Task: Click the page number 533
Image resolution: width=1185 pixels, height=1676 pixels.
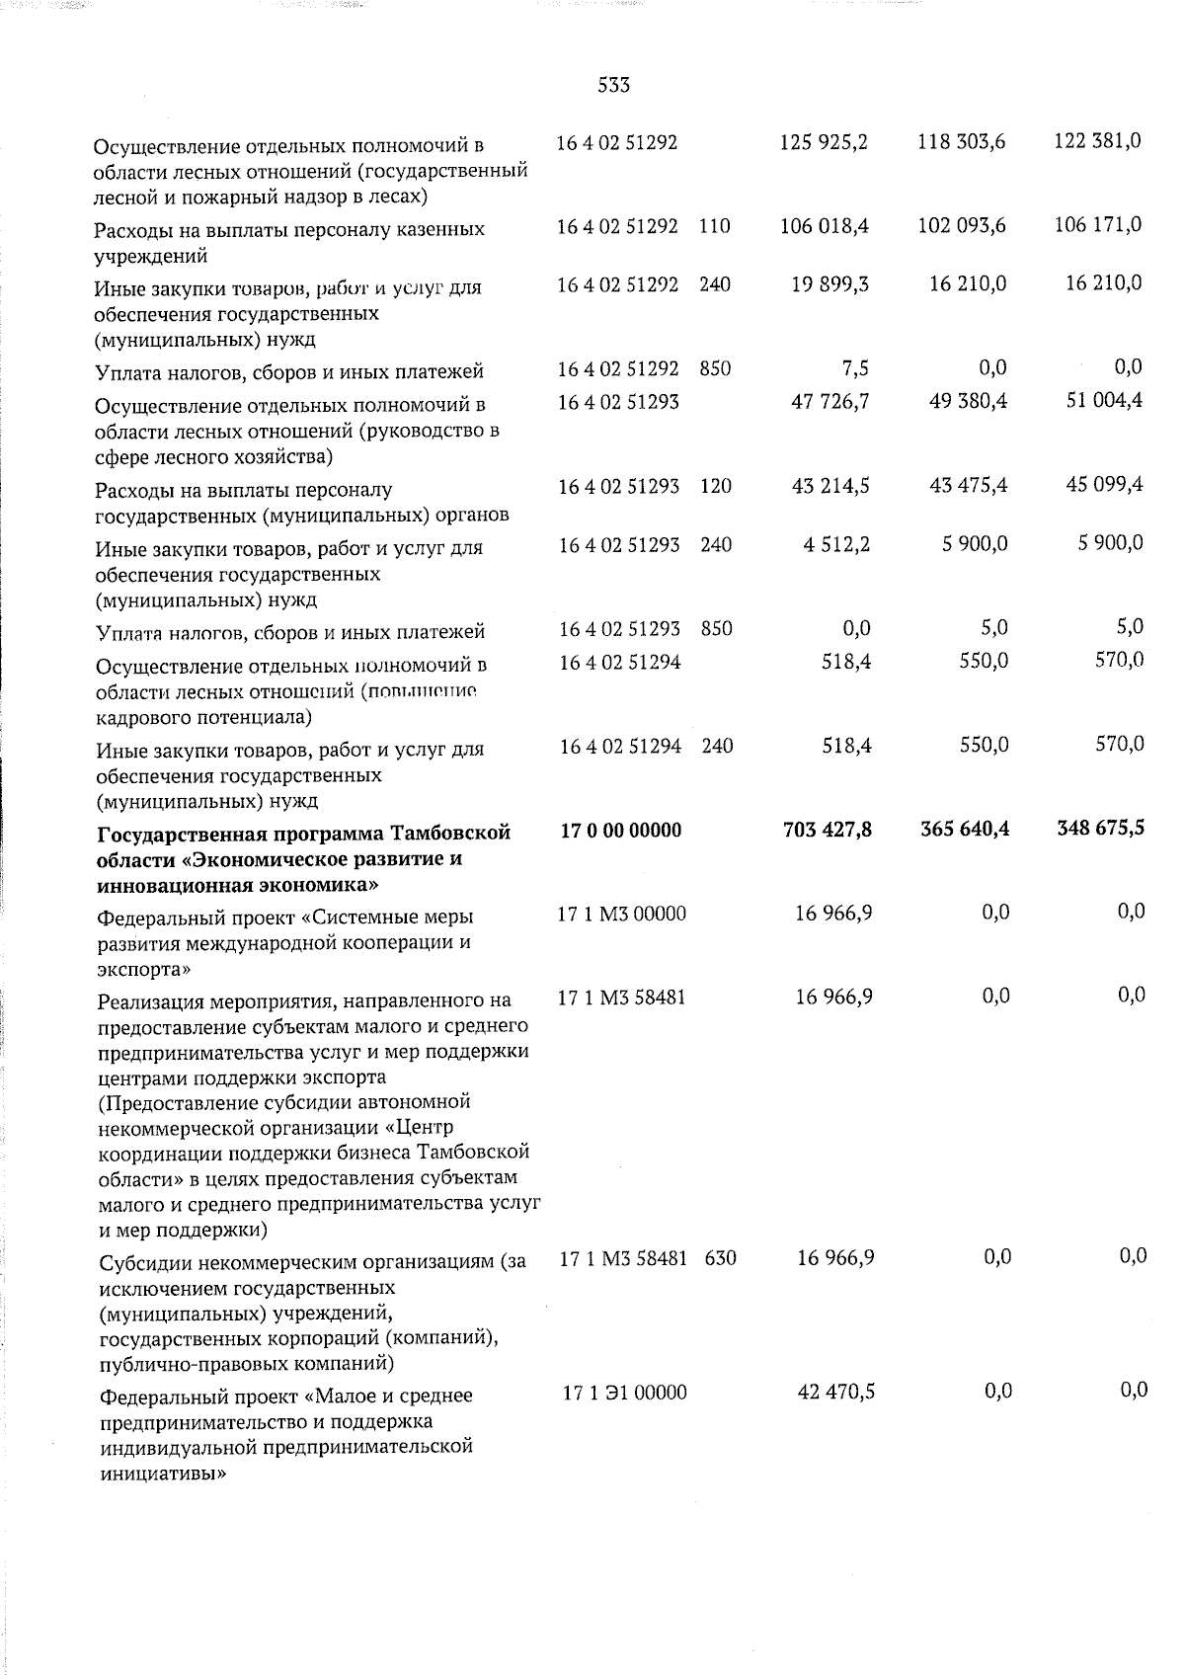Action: point(613,86)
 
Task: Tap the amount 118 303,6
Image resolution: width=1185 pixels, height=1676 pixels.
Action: point(961,142)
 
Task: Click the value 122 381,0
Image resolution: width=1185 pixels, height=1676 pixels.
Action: point(1097,141)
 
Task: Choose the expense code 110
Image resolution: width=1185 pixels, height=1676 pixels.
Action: point(714,226)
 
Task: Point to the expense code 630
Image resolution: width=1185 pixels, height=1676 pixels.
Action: point(721,1259)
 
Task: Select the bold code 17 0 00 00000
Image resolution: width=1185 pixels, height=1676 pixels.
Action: point(620,831)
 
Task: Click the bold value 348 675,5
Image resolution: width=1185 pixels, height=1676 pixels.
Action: point(1100,829)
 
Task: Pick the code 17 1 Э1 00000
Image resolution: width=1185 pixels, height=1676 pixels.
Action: point(625,1394)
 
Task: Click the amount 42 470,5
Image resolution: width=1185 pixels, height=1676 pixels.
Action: point(835,1393)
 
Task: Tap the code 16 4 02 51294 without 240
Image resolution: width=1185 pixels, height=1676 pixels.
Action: point(619,662)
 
